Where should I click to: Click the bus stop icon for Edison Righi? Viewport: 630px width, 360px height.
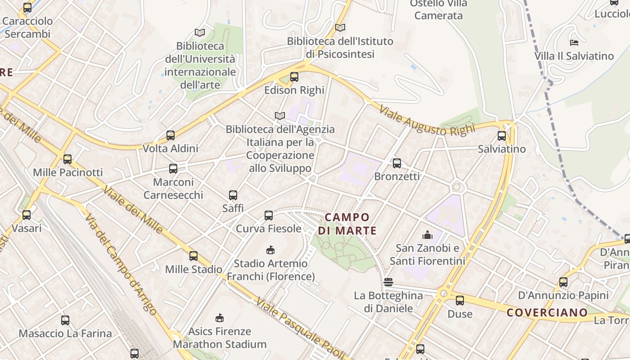(x=294, y=77)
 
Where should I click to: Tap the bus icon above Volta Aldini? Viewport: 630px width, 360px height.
(x=171, y=135)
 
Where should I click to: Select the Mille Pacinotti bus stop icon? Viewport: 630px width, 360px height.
(x=67, y=159)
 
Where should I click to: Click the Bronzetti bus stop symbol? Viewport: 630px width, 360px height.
(x=397, y=163)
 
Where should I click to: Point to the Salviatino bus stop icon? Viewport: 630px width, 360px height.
(x=502, y=136)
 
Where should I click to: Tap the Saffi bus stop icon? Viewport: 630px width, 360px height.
(x=233, y=195)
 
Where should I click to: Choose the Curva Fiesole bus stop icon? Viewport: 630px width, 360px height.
(x=269, y=216)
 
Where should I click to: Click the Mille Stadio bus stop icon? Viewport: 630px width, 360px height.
(x=193, y=256)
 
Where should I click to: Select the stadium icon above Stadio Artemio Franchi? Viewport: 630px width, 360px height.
(x=270, y=250)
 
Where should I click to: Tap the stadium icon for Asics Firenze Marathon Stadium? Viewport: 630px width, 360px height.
(x=220, y=318)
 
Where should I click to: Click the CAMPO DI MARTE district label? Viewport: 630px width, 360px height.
(x=347, y=224)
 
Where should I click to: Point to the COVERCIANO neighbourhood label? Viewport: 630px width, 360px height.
(x=547, y=312)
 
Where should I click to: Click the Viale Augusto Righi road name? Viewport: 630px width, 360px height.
(x=427, y=121)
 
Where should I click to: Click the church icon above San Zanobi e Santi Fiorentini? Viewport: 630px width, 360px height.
(x=427, y=235)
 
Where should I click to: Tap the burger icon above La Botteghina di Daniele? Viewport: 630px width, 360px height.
(x=389, y=282)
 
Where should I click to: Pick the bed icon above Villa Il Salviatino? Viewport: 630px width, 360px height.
(x=574, y=43)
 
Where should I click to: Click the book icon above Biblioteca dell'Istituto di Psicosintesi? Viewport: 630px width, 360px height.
(x=340, y=28)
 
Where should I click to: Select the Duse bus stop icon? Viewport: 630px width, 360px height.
(x=460, y=301)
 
